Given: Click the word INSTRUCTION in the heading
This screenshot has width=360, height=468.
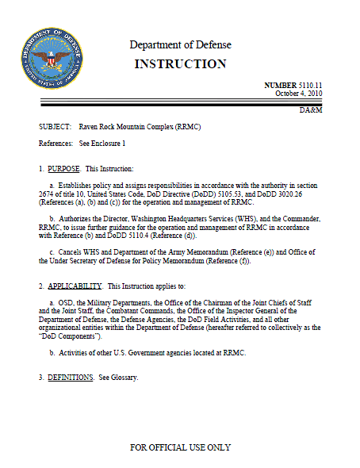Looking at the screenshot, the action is point(180,63).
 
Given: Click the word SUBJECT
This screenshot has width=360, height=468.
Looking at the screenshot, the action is point(54,127).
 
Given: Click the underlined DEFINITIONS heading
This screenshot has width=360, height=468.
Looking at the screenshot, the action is point(71,377).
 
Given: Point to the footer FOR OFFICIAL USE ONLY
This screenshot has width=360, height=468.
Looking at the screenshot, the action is point(180,447).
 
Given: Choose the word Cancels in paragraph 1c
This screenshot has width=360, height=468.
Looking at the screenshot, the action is point(71,251).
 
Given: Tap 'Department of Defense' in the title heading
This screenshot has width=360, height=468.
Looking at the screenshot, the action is point(180,44).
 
